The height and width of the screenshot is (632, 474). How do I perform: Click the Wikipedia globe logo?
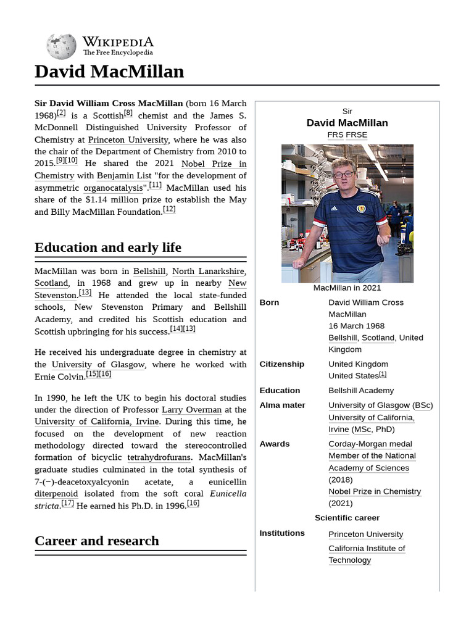click(x=61, y=46)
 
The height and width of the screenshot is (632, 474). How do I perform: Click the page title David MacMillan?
click(x=109, y=72)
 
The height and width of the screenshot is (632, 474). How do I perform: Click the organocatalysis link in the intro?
click(x=113, y=188)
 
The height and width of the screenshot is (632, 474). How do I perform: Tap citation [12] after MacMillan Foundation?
click(x=169, y=210)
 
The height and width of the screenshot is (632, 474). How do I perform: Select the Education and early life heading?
click(x=108, y=247)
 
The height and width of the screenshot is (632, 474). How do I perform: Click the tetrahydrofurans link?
click(x=159, y=457)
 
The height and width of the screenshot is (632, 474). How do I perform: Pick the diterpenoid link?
click(x=56, y=494)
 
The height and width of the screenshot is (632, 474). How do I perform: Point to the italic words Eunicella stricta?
click(x=228, y=494)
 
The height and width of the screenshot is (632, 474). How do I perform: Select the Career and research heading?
click(x=97, y=541)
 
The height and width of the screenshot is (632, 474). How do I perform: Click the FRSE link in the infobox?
click(x=356, y=135)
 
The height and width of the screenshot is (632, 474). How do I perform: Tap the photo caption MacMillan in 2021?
click(x=347, y=288)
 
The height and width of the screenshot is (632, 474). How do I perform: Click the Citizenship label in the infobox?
click(x=281, y=364)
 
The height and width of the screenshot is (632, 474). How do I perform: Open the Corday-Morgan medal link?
click(x=370, y=444)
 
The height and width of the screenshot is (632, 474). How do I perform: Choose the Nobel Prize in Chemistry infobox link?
click(x=375, y=491)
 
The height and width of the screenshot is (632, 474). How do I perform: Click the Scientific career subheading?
click(x=347, y=518)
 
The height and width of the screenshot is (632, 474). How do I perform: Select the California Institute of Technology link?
click(x=367, y=554)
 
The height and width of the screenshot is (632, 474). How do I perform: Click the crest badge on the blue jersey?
click(x=361, y=210)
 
